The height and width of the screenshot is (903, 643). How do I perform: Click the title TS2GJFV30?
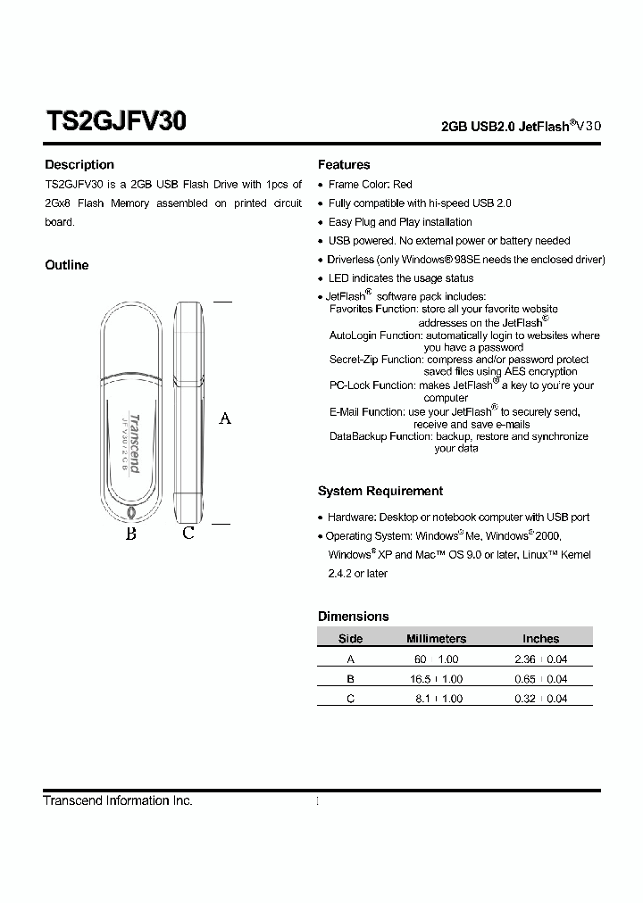(x=115, y=121)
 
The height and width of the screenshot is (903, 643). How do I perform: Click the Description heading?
(x=79, y=165)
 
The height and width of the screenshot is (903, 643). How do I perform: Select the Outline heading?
(x=67, y=265)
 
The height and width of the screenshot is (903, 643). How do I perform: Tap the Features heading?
(x=344, y=165)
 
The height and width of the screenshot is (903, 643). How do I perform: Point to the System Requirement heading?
(x=380, y=492)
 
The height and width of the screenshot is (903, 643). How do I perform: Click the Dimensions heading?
(x=353, y=617)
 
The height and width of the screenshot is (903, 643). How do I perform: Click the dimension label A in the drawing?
(x=225, y=418)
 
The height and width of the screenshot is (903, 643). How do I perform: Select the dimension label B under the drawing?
(x=130, y=534)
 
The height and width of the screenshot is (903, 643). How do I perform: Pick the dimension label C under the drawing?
(x=188, y=534)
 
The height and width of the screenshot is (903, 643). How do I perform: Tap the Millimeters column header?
(x=436, y=639)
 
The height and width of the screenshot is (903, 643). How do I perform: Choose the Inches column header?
(x=540, y=639)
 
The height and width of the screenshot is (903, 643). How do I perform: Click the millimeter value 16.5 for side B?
(x=419, y=679)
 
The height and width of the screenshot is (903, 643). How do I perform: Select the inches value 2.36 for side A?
(x=524, y=659)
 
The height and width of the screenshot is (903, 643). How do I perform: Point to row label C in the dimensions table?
(x=350, y=699)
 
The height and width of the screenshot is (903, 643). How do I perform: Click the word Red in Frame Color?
(x=402, y=185)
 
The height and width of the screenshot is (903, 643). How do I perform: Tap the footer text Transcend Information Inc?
(x=118, y=801)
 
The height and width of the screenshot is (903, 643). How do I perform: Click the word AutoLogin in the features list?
(x=354, y=336)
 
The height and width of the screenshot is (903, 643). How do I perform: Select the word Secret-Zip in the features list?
(x=354, y=360)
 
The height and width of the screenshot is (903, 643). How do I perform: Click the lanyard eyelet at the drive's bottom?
(x=131, y=514)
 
